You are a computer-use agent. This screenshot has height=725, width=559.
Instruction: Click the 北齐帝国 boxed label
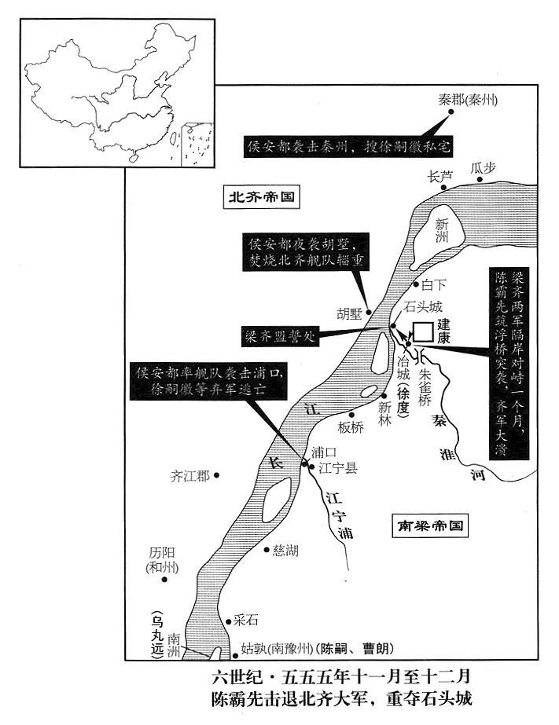coord(262,197)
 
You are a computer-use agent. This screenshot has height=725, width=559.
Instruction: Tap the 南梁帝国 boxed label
coord(430,525)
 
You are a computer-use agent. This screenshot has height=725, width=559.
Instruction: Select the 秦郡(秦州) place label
coord(468,100)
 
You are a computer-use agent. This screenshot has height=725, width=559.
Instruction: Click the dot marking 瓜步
coord(480,180)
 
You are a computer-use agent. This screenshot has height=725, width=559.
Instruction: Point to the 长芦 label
coord(440,176)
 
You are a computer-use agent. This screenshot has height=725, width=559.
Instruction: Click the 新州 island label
coord(443,231)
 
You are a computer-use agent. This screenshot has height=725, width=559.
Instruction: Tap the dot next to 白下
coord(416,285)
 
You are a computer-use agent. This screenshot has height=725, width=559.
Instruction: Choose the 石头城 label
coord(423,306)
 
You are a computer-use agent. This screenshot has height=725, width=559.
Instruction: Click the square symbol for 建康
coord(423,332)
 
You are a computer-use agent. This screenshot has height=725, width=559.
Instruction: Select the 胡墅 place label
coord(349,314)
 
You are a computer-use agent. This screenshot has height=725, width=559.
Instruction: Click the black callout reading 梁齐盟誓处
coord(281,336)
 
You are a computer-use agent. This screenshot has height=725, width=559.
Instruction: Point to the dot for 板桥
coord(351,415)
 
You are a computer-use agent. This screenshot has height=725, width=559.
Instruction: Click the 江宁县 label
coord(338,468)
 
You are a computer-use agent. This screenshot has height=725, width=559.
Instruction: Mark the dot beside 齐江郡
coord(216,475)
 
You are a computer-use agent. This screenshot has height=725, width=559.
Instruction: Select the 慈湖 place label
coord(285,550)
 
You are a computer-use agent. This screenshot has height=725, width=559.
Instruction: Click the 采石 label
coord(246,620)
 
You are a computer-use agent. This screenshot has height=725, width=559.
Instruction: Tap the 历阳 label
coord(162,552)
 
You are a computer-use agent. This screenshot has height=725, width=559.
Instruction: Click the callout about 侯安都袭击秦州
coord(348,147)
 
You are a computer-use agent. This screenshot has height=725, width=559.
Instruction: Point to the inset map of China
coord(117,93)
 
